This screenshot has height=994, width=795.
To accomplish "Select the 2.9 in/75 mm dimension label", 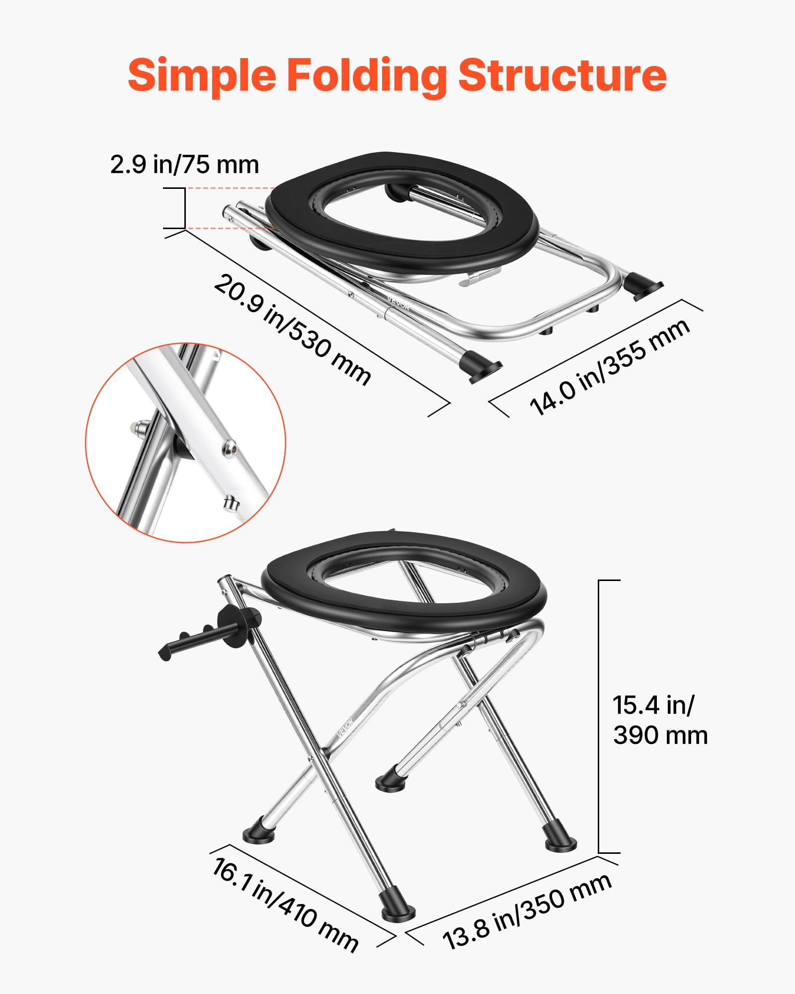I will [x=184, y=165].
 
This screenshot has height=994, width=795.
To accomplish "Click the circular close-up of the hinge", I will [x=185, y=442].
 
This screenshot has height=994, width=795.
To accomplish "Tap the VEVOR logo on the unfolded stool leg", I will [x=345, y=728].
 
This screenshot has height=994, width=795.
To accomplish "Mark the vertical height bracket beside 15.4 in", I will [x=599, y=716].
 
